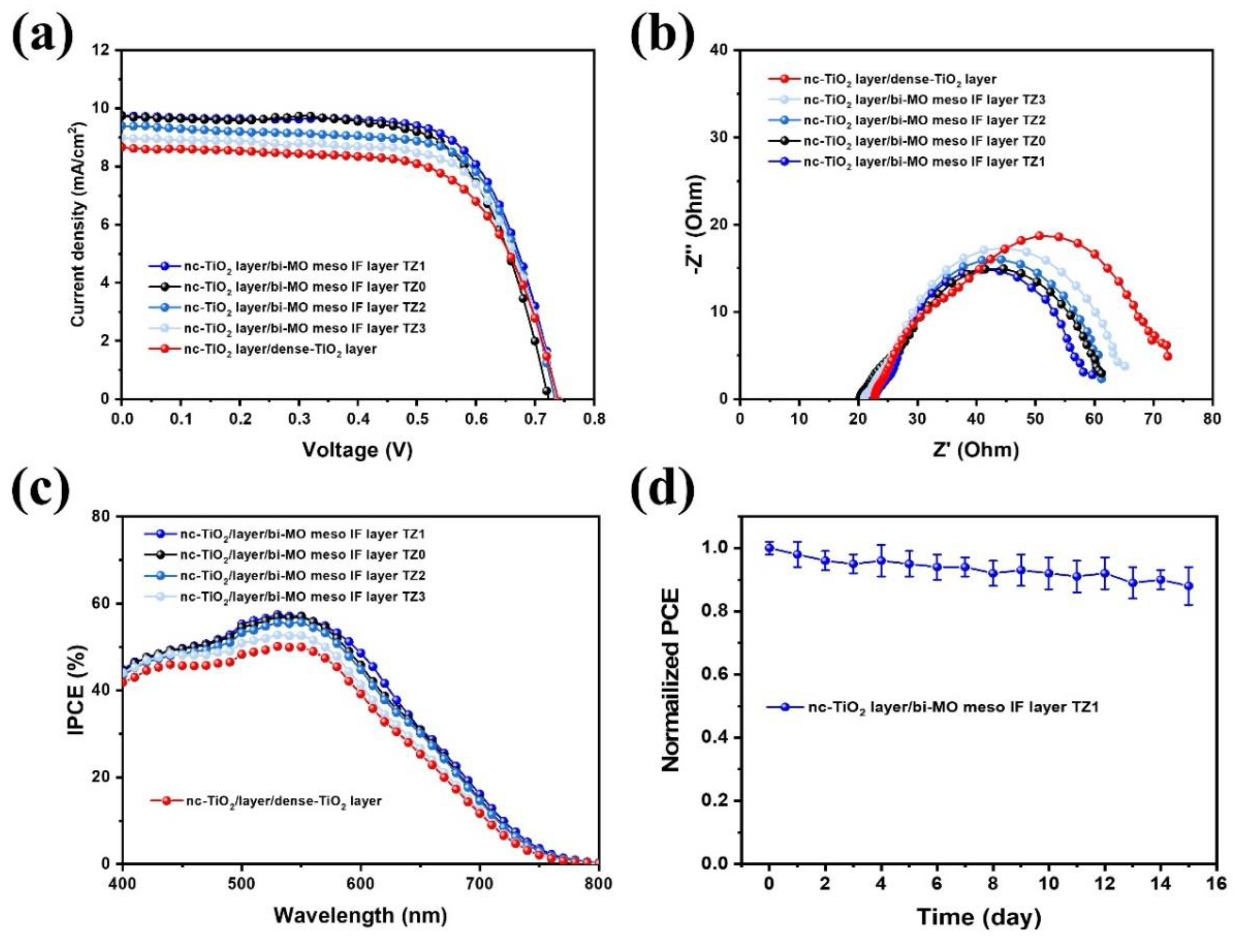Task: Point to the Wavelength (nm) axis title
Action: [361, 915]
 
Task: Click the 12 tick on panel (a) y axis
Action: [101, 50]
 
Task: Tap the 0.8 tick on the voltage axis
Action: [593, 420]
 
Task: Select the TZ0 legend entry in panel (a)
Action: [287, 287]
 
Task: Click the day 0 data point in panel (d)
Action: [769, 548]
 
